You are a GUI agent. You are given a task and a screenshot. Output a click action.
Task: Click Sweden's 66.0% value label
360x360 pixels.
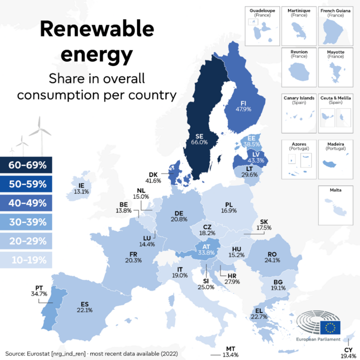coord(199,142)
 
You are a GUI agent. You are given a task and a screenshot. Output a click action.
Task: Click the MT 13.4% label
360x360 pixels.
coord(230,351)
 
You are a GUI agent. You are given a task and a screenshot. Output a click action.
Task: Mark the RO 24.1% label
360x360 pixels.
coord(272,257)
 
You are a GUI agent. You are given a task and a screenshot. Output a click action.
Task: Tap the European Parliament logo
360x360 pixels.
coord(320,328)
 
